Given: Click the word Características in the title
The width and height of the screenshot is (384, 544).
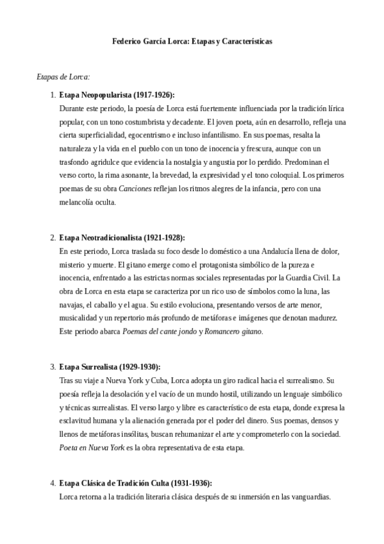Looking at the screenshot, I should pyautogui.click(x=245, y=40).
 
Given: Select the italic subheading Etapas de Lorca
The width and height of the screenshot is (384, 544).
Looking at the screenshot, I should pyautogui.click(x=63, y=77).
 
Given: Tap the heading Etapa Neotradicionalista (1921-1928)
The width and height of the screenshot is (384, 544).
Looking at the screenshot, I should pyautogui.click(x=121, y=237).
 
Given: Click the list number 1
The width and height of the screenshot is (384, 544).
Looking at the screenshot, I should pyautogui.click(x=52, y=95).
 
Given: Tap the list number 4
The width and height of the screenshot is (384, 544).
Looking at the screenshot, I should pyautogui.click(x=52, y=484).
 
